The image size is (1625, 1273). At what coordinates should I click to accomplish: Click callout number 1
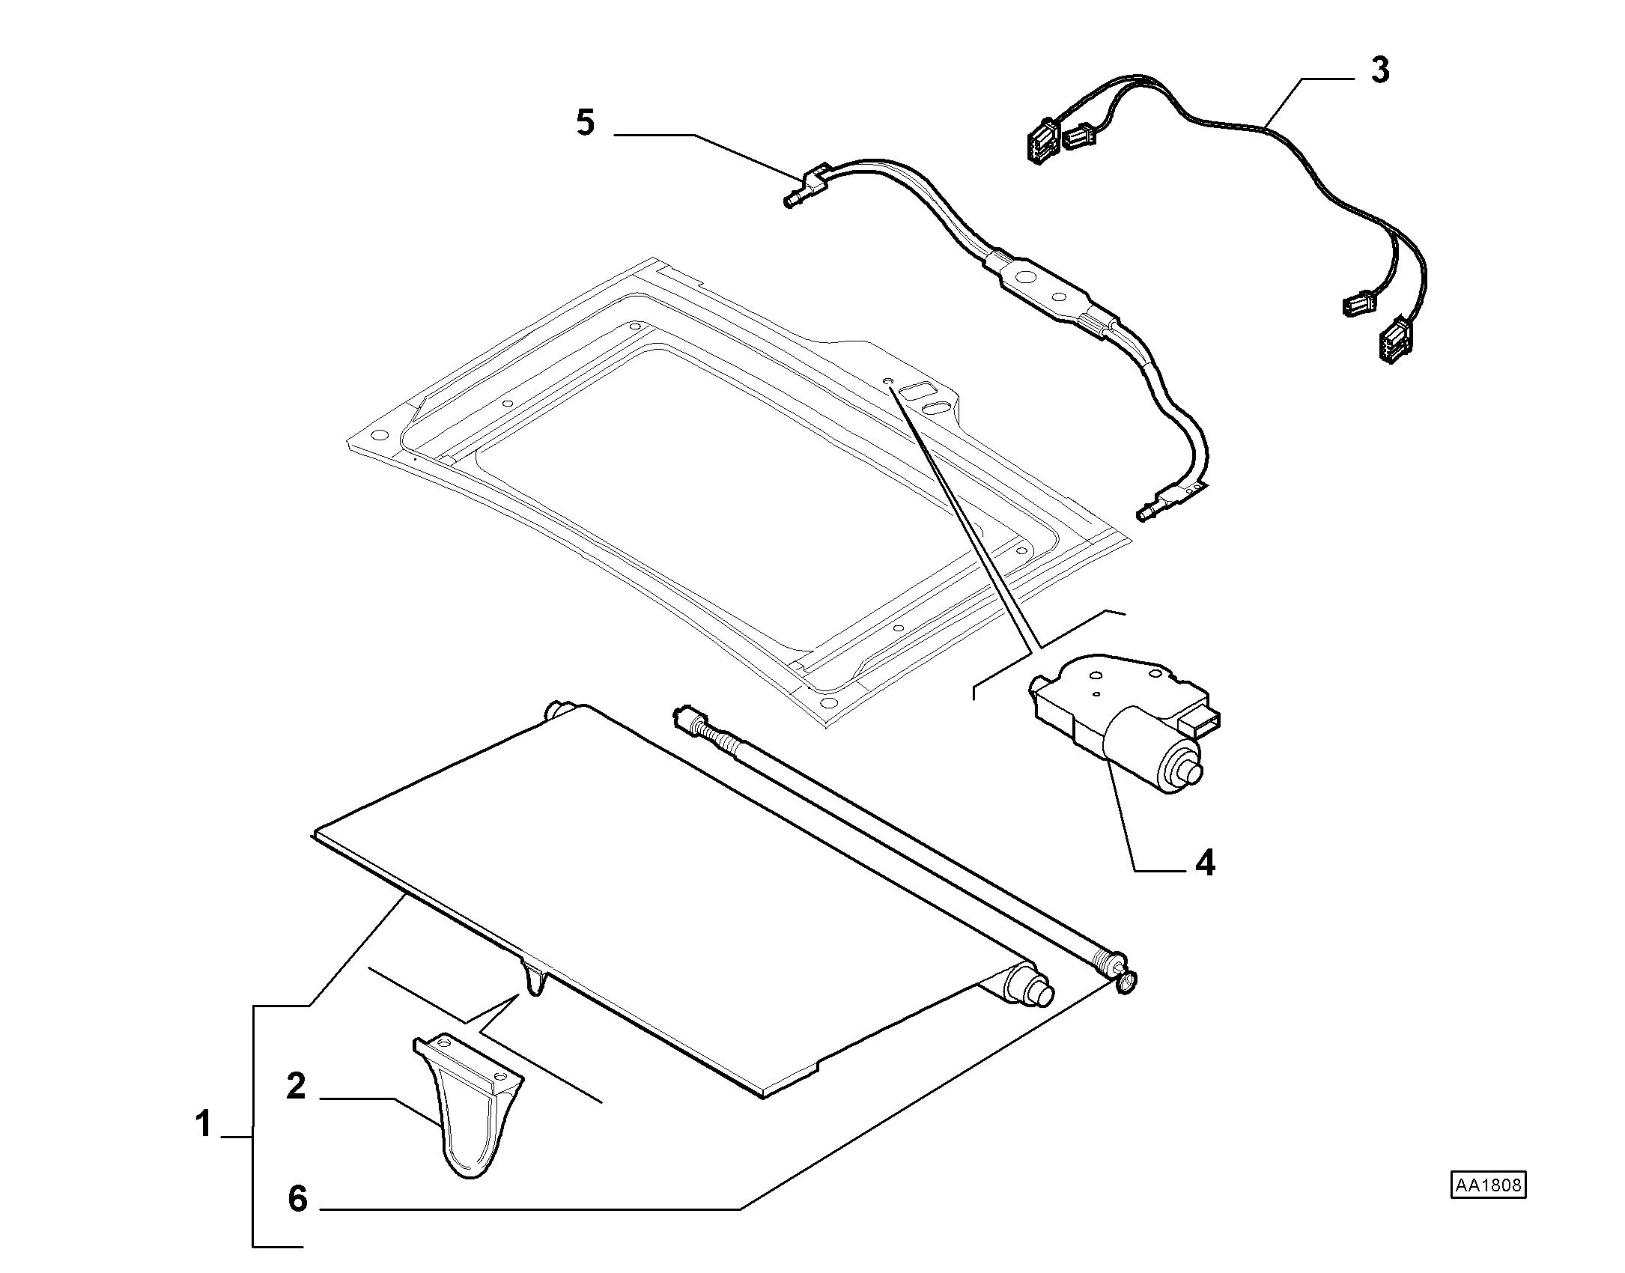[x=203, y=1125]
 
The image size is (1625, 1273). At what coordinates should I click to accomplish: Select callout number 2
[x=297, y=1087]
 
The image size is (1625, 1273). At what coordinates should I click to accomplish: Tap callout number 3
[x=1379, y=70]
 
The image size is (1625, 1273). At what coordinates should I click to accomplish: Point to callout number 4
[x=1205, y=864]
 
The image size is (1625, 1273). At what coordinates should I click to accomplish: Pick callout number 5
[x=586, y=123]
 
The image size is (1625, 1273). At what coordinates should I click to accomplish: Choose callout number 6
[x=297, y=1221]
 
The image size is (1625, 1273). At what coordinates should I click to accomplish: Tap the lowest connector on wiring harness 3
[x=1389, y=341]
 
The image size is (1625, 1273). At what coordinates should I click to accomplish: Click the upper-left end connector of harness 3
[x=1042, y=141]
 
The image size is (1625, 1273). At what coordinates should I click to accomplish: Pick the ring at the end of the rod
[x=1126, y=982]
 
